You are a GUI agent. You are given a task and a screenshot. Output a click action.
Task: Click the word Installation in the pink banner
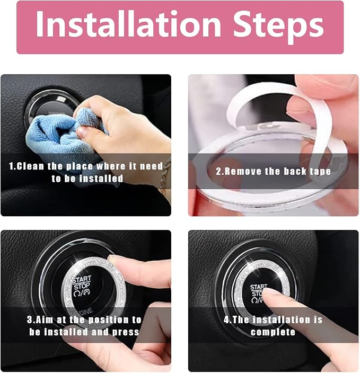point(128,24)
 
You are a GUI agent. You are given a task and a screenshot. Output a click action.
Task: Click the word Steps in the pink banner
point(278,26)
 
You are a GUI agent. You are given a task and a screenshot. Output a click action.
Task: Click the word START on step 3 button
point(82,279)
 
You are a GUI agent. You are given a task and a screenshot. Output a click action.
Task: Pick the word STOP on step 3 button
point(82,286)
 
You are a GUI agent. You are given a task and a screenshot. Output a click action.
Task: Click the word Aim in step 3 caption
point(45,319)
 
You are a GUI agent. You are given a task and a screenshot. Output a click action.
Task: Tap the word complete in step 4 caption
point(273,332)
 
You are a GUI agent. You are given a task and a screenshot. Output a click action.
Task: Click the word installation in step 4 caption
point(282,319)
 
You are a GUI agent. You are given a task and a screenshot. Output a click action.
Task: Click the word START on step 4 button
point(259,287)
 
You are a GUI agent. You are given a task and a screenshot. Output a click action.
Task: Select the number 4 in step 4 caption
point(226,319)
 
